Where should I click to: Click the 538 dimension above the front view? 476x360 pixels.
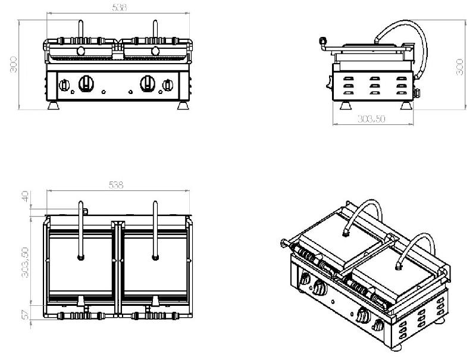tap(120, 8)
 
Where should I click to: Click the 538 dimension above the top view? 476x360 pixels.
tap(116, 185)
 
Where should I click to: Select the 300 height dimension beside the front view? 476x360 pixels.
tap(13, 64)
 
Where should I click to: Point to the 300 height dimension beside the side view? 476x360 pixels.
tap(459, 67)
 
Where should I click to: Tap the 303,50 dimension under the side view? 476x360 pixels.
tap(371, 118)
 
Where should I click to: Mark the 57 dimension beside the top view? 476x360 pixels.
tap(26, 314)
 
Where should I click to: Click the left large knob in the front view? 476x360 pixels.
tap(86, 83)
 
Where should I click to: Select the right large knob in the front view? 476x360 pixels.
tap(148, 83)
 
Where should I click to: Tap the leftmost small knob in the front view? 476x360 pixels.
tap(64, 85)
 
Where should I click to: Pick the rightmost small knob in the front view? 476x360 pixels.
tap(168, 85)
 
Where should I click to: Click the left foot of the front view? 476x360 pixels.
tap(54, 105)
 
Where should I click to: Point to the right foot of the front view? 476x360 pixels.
tap(183, 105)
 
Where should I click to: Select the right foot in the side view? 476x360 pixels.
tap(406, 105)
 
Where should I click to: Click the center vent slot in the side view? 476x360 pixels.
tap(374, 85)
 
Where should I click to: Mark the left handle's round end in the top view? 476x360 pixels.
tap(81, 258)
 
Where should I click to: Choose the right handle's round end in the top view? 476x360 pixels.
tap(155, 258)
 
